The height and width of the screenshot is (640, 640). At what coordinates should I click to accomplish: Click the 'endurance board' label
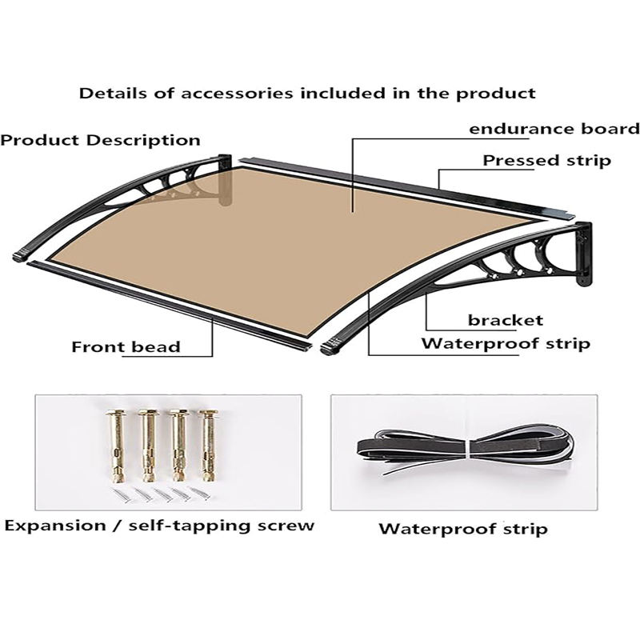pyautogui.click(x=554, y=129)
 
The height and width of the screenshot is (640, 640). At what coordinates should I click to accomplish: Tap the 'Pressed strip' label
pyautogui.click(x=546, y=161)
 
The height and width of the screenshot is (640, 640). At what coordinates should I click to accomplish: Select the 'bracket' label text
pyautogui.click(x=506, y=320)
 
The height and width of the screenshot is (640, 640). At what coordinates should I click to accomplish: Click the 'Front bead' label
pyautogui.click(x=126, y=347)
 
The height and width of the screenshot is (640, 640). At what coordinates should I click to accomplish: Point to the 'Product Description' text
pyautogui.click(x=100, y=140)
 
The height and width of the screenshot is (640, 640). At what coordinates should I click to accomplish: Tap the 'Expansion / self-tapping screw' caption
pyautogui.click(x=159, y=526)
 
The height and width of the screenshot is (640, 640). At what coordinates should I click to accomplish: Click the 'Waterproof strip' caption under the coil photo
pyautogui.click(x=463, y=529)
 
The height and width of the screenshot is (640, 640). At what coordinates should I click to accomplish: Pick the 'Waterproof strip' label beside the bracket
pyautogui.click(x=506, y=344)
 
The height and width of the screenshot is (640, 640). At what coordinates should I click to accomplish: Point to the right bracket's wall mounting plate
pyautogui.click(x=585, y=254)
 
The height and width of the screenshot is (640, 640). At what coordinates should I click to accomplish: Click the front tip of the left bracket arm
pyautogui.click(x=20, y=258)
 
